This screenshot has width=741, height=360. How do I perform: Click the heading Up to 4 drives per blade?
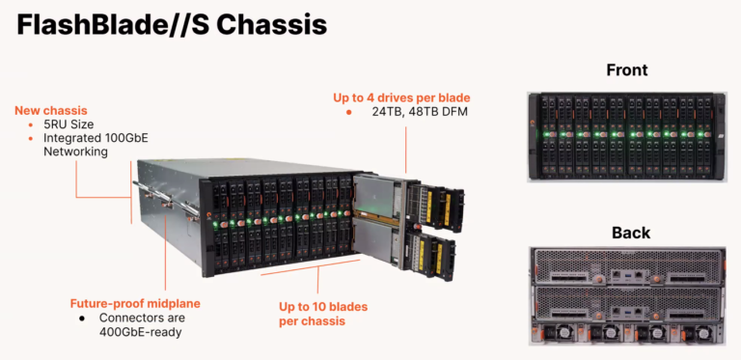415,97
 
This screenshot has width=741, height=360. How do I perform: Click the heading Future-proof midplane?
136,302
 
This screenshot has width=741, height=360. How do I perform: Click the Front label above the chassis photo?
626,69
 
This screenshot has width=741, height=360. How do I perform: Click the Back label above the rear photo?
630,233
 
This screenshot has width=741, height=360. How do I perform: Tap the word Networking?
80,152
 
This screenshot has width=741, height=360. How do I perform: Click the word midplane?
177,302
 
